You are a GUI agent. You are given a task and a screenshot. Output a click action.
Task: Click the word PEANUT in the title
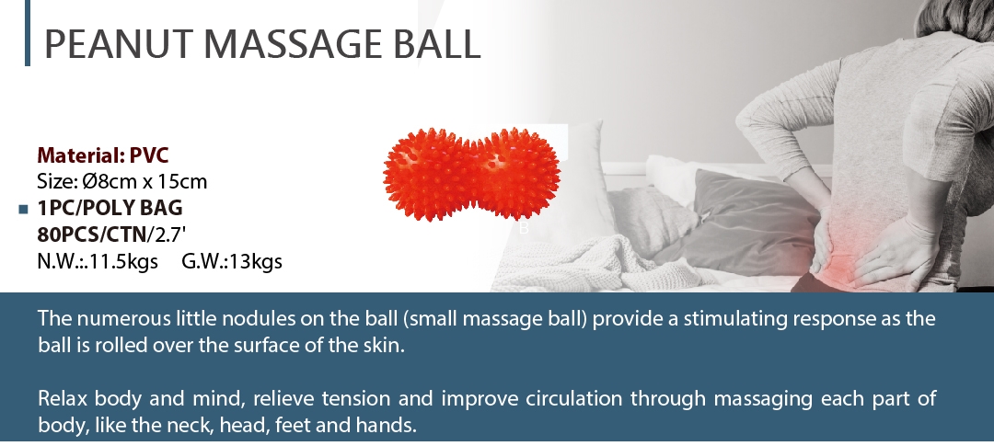pos(118,43)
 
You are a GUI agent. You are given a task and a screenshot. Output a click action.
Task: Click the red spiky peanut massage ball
pos(471,174)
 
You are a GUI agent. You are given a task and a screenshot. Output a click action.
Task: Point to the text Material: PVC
pos(103,155)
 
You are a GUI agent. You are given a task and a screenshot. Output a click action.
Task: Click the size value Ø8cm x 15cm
pos(144,182)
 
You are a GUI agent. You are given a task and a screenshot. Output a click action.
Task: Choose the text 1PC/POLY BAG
pos(110,208)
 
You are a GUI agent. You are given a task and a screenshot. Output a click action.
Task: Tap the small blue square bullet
pos(24,209)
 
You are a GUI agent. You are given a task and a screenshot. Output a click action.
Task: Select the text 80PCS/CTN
pos(92,234)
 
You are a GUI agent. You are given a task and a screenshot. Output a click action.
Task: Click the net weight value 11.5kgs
pos(123,261)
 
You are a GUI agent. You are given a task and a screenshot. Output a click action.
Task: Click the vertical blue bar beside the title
pos(28,33)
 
